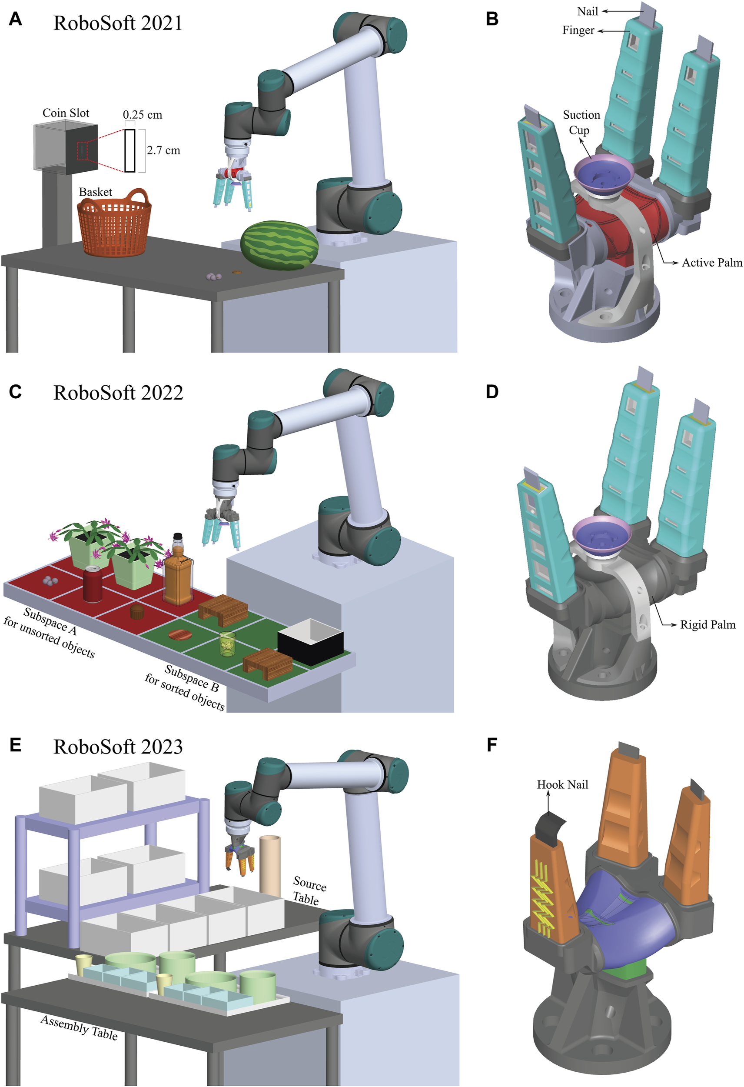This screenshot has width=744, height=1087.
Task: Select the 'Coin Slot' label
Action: click(x=66, y=113)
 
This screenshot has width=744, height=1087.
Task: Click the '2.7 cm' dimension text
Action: click(x=163, y=150)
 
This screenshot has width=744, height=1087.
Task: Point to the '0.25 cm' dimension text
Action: click(x=142, y=115)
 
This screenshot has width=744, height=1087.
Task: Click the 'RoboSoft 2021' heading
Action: click(x=117, y=23)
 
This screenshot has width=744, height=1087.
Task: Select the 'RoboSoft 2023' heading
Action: click(x=118, y=747)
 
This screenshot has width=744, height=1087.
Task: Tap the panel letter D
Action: click(x=492, y=392)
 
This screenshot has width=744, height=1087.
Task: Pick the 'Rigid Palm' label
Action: click(x=707, y=624)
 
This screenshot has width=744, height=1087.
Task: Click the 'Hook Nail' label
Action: click(x=562, y=784)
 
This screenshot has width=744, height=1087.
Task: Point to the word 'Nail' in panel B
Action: click(x=588, y=11)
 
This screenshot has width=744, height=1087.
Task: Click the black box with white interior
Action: click(x=310, y=642)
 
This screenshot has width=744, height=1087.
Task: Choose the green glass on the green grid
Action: click(x=227, y=644)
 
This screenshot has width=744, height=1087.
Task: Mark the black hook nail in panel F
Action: click(x=551, y=827)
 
